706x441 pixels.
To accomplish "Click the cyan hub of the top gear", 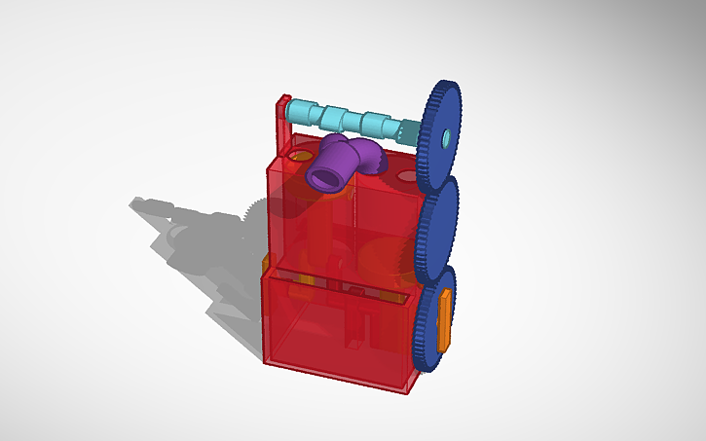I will pos(445,136).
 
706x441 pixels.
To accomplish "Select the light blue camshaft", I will pos(351,120).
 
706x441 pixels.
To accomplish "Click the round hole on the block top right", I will pos(405,178).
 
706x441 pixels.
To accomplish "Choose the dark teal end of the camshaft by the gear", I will pos(411,132).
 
